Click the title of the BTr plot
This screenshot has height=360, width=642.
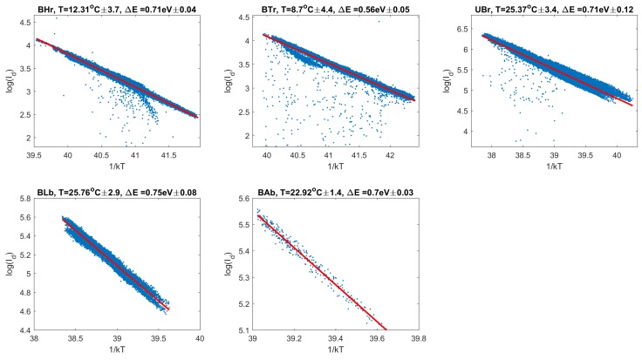coord(334,9)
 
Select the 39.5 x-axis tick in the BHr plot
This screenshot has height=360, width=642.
coord(36,153)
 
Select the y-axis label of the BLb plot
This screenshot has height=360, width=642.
coord(8,264)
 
